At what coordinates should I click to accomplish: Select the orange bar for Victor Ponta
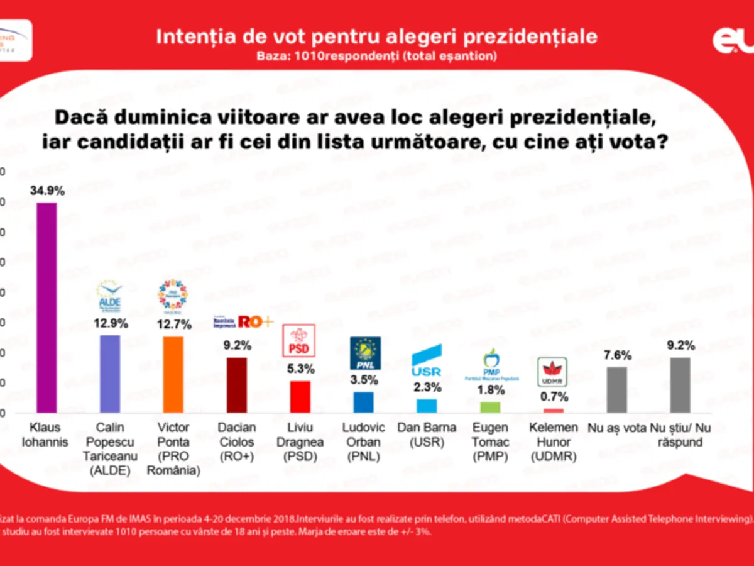point(173,374)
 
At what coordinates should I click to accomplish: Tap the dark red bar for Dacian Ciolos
point(237,385)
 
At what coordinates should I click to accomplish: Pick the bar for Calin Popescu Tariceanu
point(110,374)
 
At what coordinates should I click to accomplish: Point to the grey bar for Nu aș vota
point(617,390)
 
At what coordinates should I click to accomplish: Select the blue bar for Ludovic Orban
point(364,402)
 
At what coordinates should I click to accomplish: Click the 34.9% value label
point(46,191)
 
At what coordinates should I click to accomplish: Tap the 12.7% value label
point(173,324)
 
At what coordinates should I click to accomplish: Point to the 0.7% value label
point(554,397)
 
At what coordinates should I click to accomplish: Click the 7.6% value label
point(617,355)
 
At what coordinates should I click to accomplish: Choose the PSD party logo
point(300,341)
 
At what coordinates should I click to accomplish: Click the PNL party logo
point(364,353)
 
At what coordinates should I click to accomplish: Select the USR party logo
point(427,360)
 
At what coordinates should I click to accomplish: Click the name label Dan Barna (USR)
point(427,435)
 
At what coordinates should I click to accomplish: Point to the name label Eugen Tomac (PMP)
point(490,442)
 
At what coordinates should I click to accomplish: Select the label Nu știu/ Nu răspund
point(681,435)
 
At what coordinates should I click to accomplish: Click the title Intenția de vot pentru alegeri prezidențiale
point(376,36)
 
